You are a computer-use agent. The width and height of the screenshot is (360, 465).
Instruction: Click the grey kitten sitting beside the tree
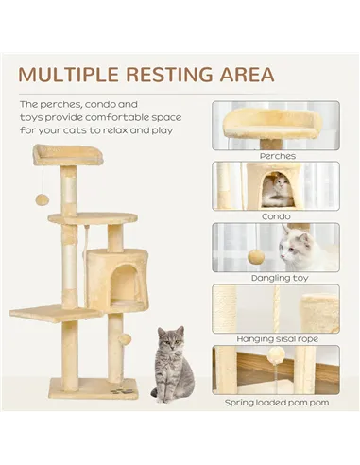(171, 364)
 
